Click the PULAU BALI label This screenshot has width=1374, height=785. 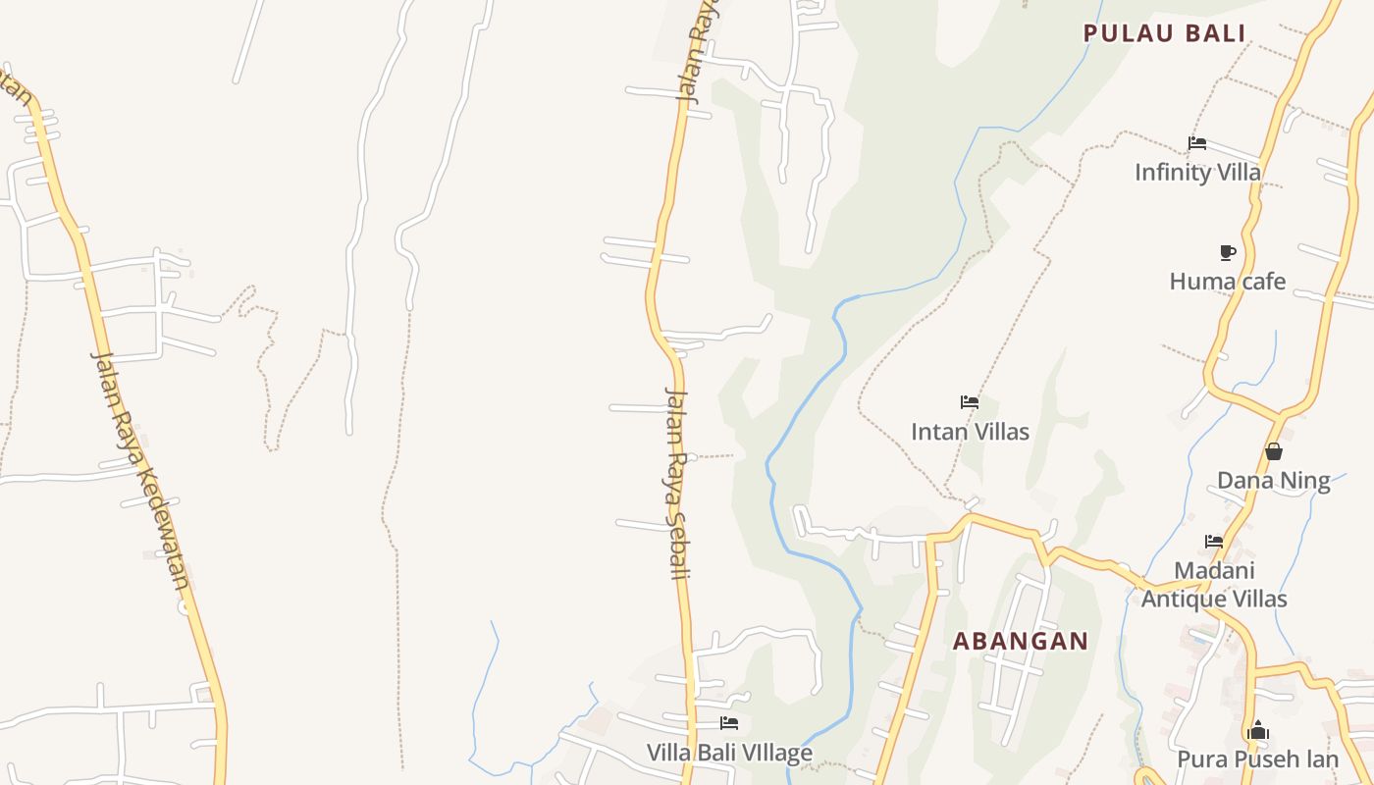coord(1164,33)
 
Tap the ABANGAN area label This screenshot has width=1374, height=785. coord(1021,642)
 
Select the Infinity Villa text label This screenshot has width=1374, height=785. coord(1197,173)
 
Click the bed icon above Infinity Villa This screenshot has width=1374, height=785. coord(1197,143)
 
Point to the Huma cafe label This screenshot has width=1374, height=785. coord(1227,282)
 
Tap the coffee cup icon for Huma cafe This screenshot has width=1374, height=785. coord(1227,253)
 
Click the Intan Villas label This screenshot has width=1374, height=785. coord(970,432)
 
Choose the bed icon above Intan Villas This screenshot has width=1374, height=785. coord(970,402)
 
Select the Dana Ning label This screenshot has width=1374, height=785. coord(1273,481)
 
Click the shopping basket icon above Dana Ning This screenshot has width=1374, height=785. coord(1273,452)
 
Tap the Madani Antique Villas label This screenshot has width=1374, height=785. coord(1214,585)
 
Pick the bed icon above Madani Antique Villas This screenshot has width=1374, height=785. coord(1214,542)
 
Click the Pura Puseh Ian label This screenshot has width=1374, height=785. coord(1257,759)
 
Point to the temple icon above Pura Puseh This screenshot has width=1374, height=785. coord(1257,731)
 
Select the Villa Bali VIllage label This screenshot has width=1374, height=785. coord(729,754)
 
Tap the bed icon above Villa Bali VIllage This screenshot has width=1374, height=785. coord(729,724)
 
